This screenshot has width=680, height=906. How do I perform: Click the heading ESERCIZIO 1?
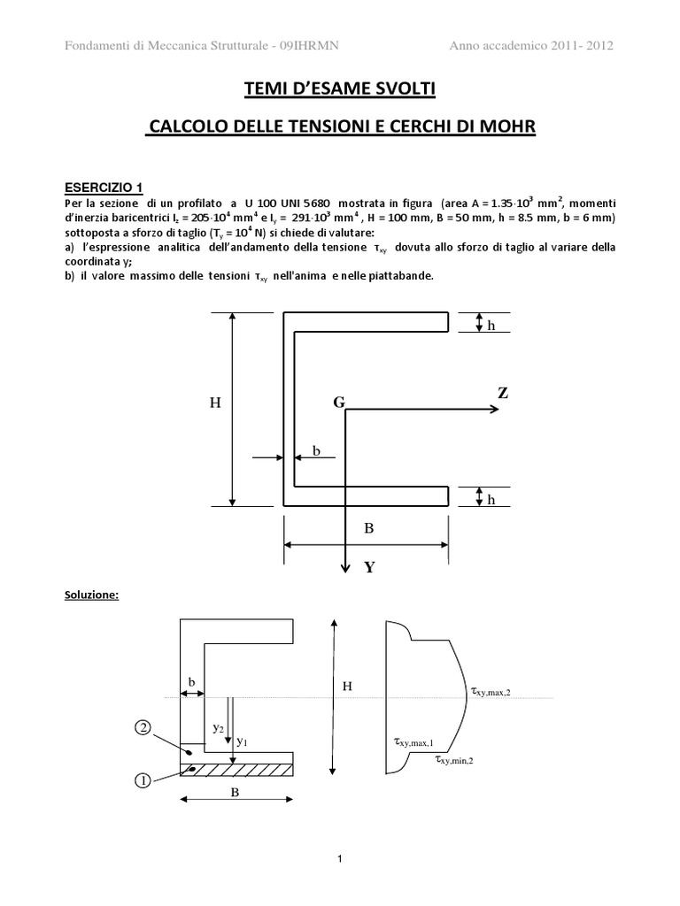tap(104, 187)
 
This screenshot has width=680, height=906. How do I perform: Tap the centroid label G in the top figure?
tap(337, 403)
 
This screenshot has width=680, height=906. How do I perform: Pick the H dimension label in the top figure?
tap(213, 403)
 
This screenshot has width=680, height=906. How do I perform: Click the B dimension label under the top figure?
tap(369, 528)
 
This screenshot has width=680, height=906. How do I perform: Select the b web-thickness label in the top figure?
tap(316, 451)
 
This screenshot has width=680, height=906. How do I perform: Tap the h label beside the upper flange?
tap(490, 326)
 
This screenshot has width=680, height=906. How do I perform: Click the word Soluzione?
tap(89, 595)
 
